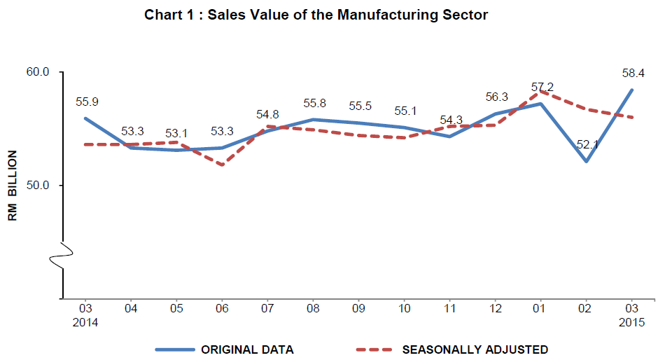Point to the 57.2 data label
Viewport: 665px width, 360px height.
[542, 87]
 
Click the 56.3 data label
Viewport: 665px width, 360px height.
[496, 97]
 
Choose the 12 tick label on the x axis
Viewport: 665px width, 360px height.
[496, 308]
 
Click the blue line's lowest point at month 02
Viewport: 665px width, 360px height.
[587, 161]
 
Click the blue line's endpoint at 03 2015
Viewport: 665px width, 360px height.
[632, 90]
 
